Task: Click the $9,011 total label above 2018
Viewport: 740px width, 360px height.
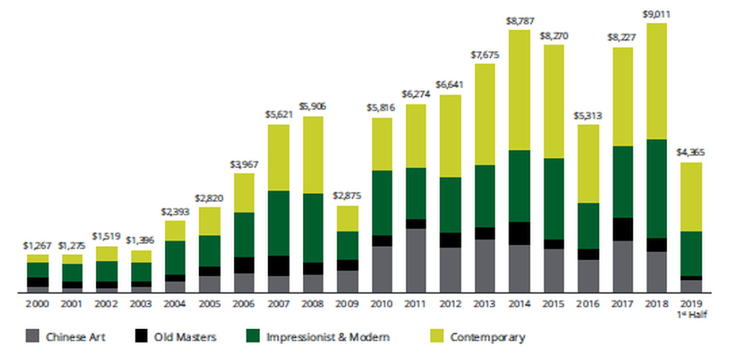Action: (656, 15)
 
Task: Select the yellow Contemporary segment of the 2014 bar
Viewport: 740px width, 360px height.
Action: (519, 90)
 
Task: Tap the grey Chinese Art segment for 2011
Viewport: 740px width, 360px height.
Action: (416, 261)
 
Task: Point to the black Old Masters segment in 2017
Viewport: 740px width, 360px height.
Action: (623, 229)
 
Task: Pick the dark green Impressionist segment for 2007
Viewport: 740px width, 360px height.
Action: (279, 223)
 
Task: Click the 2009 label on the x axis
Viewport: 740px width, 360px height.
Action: (347, 304)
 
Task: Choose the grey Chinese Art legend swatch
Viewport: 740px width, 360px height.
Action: (32, 336)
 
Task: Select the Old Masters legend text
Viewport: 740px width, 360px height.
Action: (185, 337)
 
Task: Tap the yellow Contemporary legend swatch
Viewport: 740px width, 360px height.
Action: (437, 336)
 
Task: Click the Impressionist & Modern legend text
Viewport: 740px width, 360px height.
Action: (328, 337)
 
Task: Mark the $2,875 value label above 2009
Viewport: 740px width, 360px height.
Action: (347, 196)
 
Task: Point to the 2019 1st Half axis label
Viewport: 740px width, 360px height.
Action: (691, 309)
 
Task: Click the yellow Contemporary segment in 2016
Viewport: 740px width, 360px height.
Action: (588, 164)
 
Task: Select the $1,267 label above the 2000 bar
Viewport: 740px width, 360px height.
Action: (37, 246)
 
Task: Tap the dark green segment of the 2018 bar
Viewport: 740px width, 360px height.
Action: (656, 189)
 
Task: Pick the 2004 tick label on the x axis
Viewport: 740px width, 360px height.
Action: (175, 304)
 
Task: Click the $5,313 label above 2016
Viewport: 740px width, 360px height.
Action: (588, 116)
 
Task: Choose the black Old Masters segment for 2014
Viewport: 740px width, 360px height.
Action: (519, 234)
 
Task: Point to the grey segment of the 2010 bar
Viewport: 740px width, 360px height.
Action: (382, 269)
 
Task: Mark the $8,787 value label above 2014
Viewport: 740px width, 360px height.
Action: (520, 22)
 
